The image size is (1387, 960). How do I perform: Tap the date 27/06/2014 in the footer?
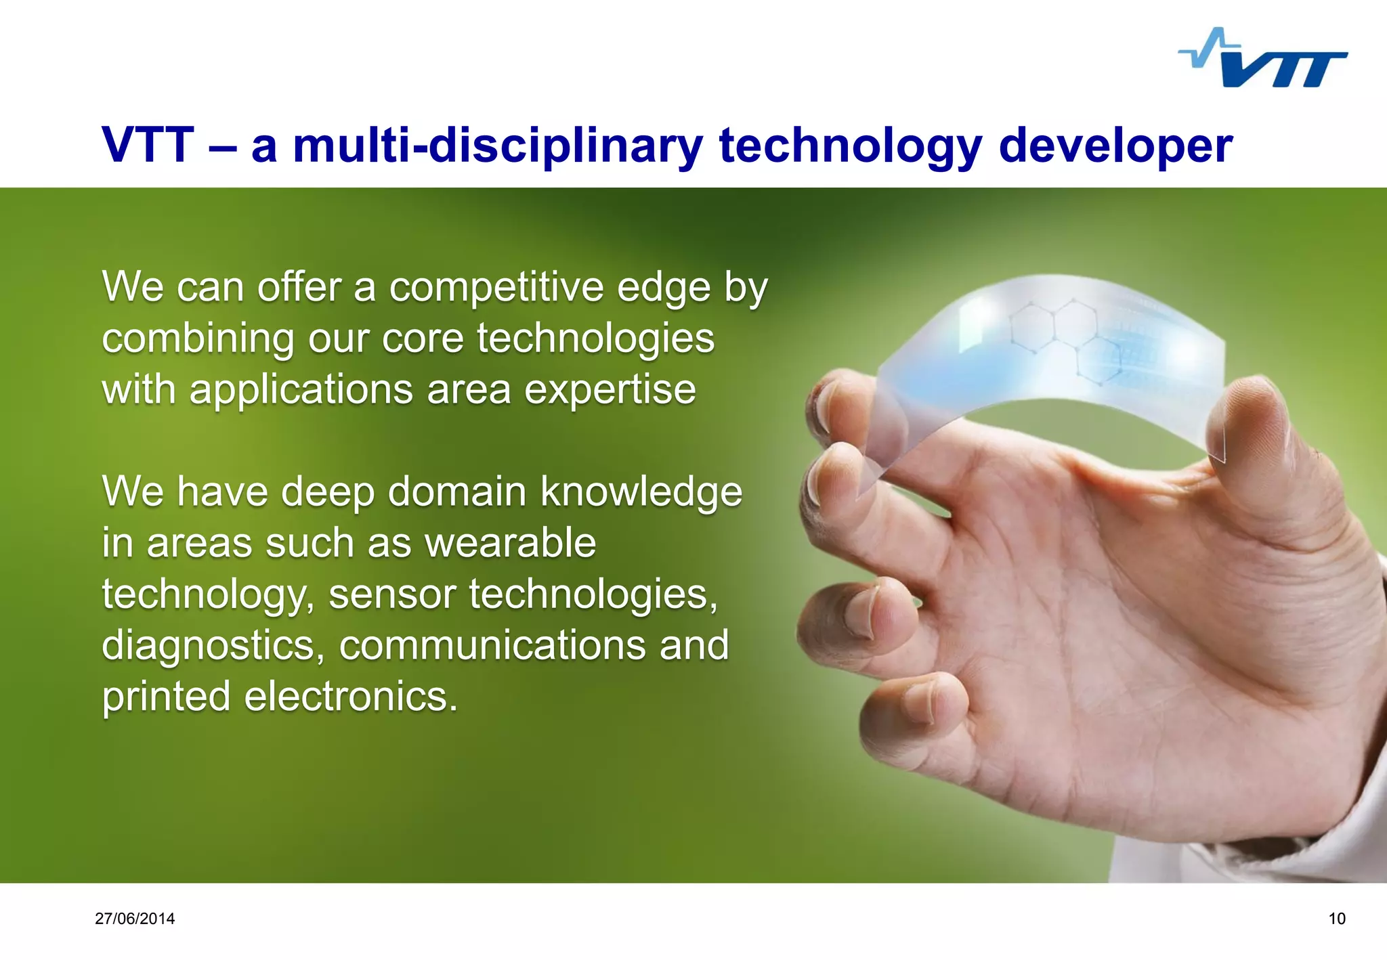coord(135,919)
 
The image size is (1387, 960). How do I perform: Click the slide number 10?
coord(1337,919)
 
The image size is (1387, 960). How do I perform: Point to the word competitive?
coord(496,288)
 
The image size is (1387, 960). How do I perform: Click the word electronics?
coord(350,697)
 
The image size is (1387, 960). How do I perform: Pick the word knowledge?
coord(641,492)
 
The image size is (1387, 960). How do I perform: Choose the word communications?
coord(492,645)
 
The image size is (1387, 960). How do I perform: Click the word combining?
coord(198,339)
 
